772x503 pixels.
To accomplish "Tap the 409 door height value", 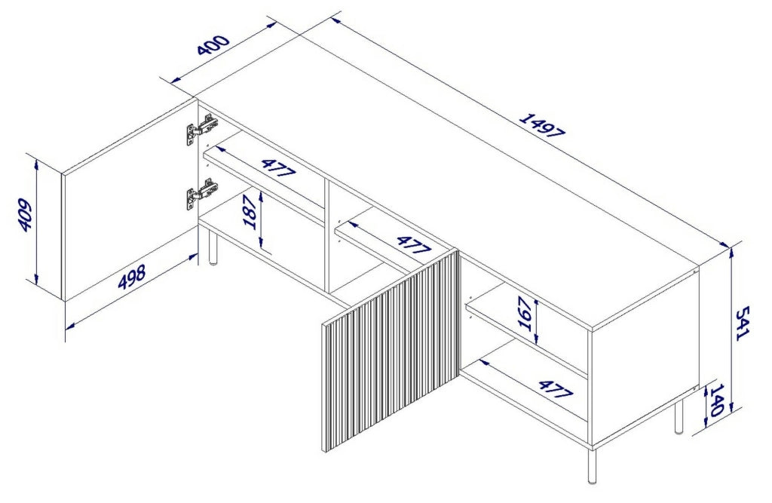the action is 26,215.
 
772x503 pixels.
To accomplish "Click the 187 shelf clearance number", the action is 250,212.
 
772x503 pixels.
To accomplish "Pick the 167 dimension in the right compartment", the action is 525,314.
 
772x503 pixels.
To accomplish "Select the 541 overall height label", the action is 742,323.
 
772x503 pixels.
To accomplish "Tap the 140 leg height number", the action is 715,400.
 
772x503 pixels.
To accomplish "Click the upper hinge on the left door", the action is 201,130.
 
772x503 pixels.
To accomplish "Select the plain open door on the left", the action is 130,201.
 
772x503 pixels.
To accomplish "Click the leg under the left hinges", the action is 213,248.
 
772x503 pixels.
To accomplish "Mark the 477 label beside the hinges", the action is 279,167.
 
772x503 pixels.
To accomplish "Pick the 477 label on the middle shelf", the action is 414,245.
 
